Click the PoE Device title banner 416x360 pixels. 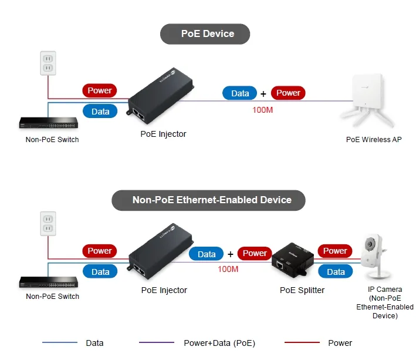[205, 34]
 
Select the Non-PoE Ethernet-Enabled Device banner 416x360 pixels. [209, 200]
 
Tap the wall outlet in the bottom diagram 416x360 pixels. [48, 224]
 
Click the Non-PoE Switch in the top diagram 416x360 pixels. [49, 123]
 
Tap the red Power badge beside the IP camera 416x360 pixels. [335, 251]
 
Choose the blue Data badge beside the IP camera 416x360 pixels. [336, 271]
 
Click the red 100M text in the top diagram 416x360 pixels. [262, 110]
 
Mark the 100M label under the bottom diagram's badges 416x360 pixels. [228, 269]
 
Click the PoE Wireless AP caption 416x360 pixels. [374, 140]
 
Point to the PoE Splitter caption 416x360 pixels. [302, 290]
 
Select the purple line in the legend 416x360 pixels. [157, 342]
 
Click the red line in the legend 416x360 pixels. [302, 342]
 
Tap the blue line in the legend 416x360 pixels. [59, 342]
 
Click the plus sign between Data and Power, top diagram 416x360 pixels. [263, 93]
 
